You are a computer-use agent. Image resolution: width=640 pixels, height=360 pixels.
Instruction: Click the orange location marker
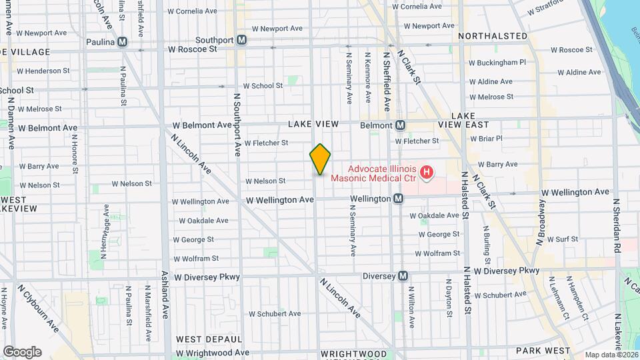(320, 159)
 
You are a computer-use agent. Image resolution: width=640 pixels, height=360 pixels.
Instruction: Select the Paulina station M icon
(122, 42)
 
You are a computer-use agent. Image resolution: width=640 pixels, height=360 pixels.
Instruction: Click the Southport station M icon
(242, 40)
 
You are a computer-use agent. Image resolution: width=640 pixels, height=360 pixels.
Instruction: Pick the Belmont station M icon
(400, 125)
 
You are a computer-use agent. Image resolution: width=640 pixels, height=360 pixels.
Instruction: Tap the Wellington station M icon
(398, 199)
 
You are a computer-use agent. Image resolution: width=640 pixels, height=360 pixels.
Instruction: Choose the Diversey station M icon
(403, 276)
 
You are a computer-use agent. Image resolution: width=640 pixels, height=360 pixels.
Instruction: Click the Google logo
(22, 352)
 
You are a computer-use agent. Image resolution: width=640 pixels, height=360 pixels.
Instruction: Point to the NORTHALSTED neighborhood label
(493, 36)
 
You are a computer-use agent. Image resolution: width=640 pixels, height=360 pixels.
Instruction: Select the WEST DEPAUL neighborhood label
(209, 339)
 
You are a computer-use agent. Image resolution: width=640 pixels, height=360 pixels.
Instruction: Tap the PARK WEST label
(543, 351)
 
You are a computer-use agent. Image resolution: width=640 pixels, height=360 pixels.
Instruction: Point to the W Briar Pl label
(485, 139)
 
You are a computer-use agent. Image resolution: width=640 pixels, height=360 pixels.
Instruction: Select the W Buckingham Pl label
(497, 62)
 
